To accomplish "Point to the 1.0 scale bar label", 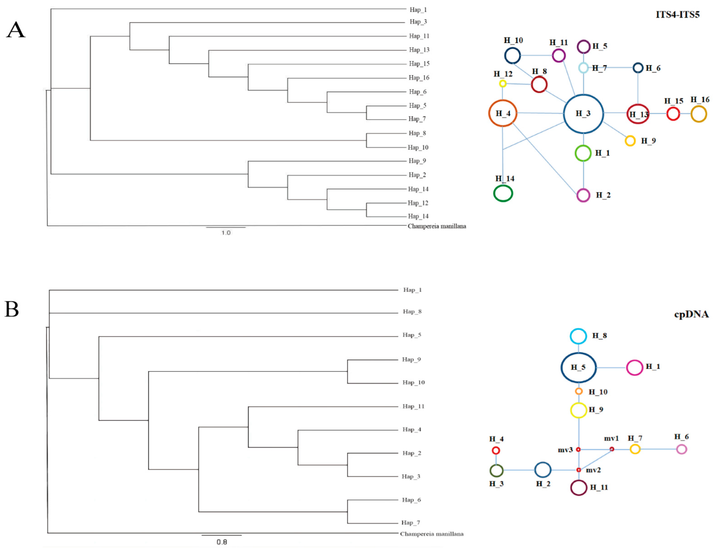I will tap(226, 233).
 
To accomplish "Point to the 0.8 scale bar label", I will tap(222, 542).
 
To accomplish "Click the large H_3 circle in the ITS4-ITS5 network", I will tap(583, 114).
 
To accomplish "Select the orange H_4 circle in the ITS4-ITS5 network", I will tap(503, 113).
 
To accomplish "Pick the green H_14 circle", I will tap(503, 193).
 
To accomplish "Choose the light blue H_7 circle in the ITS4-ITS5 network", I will tap(583, 68).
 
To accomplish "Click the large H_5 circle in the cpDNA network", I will tap(579, 367).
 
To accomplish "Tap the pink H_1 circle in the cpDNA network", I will tap(634, 367).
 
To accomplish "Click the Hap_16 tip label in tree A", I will tap(419, 77).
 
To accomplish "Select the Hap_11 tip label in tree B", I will tap(413, 406).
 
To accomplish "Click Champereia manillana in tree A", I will tap(437, 226).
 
